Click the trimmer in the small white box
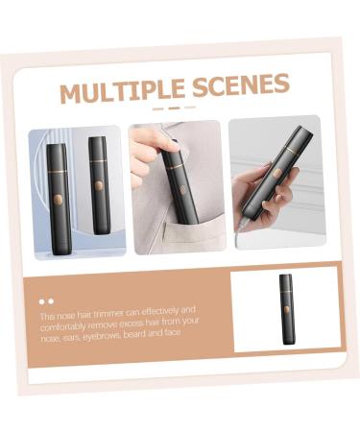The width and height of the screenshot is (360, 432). pos(285,309)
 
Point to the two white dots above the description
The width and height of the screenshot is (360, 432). pos(46,301)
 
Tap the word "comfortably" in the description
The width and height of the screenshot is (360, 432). pos(63,324)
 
